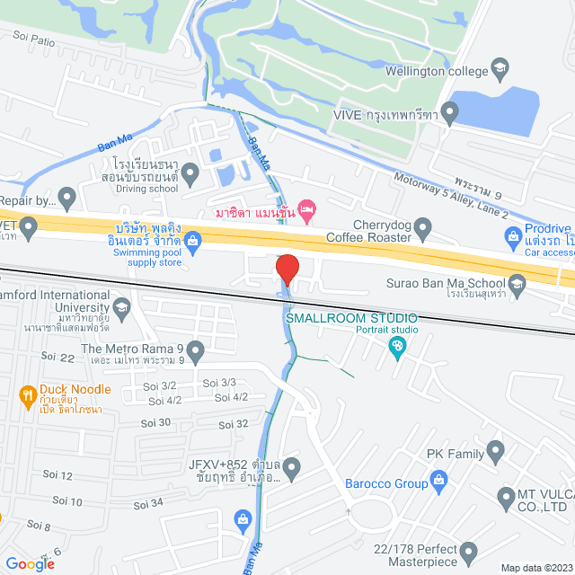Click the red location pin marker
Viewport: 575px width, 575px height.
coord(287,270)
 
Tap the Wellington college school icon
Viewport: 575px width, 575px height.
coord(500,68)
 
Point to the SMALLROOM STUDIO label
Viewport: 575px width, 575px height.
coord(351,318)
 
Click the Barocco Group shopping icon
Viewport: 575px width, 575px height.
coord(439,484)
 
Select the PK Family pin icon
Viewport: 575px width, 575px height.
coord(494,449)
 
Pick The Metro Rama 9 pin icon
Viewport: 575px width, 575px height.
coord(195,349)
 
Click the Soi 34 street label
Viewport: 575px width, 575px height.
coord(151,502)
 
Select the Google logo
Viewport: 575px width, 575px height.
coord(29,563)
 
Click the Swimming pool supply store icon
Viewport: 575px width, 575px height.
coord(192,241)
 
